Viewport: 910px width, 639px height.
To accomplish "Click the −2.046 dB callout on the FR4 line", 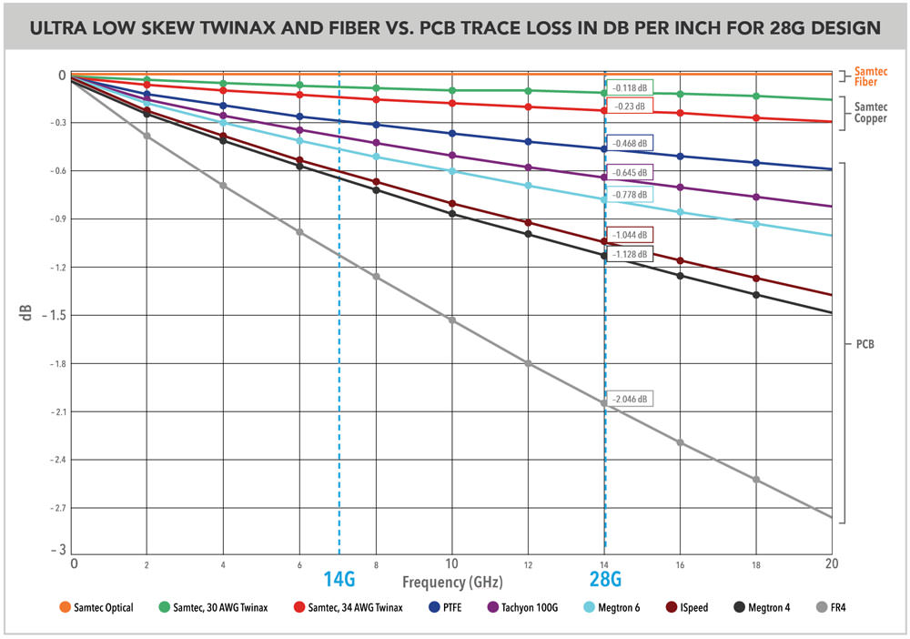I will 631,399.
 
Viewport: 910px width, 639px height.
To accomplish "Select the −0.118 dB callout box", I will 630,87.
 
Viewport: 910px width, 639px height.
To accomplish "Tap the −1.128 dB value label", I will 630,254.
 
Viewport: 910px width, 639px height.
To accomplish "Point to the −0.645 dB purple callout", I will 630,172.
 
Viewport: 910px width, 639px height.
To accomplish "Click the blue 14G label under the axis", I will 339,578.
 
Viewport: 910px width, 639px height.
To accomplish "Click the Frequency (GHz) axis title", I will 453,581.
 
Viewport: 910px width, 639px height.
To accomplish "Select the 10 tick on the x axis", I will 451,563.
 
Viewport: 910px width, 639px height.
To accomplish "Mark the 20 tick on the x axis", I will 829,563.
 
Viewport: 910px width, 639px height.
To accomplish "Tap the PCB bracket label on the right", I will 867,345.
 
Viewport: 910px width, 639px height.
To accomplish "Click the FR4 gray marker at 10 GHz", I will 451,320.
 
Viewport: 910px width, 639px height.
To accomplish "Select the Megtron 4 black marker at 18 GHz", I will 755,294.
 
